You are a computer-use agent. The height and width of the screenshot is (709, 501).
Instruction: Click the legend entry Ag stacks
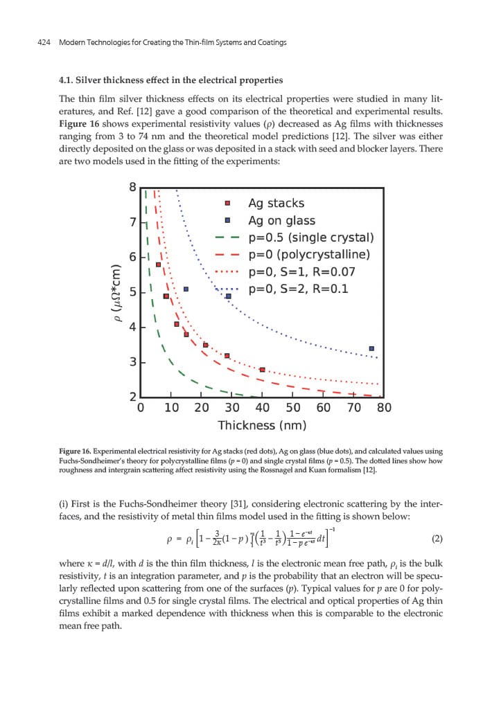tap(276, 204)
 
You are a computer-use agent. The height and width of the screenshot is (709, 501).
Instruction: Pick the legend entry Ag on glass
tap(281, 221)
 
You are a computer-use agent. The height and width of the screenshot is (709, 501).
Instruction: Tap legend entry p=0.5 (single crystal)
tap(310, 237)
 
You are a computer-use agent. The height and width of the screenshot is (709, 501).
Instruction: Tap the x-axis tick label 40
tap(263, 408)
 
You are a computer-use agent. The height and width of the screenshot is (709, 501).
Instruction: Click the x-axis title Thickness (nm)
tap(262, 425)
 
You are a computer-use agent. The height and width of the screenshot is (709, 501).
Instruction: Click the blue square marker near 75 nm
tap(371, 348)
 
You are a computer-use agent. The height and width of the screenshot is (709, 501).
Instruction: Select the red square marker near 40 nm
tap(262, 370)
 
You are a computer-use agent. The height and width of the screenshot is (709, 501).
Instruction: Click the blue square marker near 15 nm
tap(186, 289)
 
